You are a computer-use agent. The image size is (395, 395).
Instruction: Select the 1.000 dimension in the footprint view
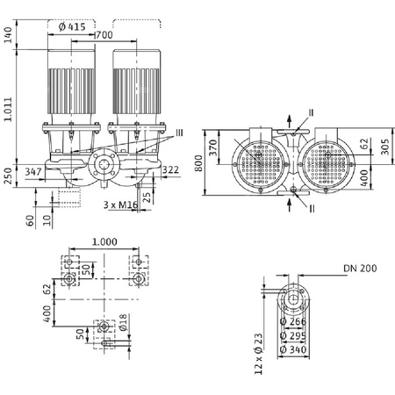pyautogui.click(x=102, y=241)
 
